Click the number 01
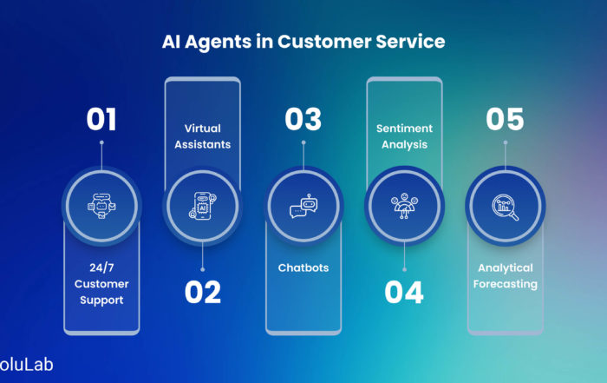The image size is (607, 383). (101, 119)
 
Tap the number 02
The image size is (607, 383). (202, 293)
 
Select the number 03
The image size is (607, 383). (303, 119)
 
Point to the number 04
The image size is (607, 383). (404, 293)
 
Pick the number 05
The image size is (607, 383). (505, 119)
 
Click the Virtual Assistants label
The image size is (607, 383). (202, 136)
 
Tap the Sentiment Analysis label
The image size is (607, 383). (405, 136)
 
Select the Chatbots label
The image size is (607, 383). (303, 267)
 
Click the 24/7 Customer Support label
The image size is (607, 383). (101, 284)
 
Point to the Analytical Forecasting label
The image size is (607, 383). (506, 276)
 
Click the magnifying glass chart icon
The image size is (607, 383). (506, 207)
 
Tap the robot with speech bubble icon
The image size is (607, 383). (303, 206)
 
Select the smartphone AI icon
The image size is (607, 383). (202, 206)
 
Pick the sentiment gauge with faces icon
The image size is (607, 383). (405, 206)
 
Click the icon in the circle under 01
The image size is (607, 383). (101, 206)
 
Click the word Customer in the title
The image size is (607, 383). (324, 42)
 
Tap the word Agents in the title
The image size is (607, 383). (218, 43)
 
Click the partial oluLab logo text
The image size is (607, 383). (26, 365)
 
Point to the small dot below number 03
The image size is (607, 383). (303, 142)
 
